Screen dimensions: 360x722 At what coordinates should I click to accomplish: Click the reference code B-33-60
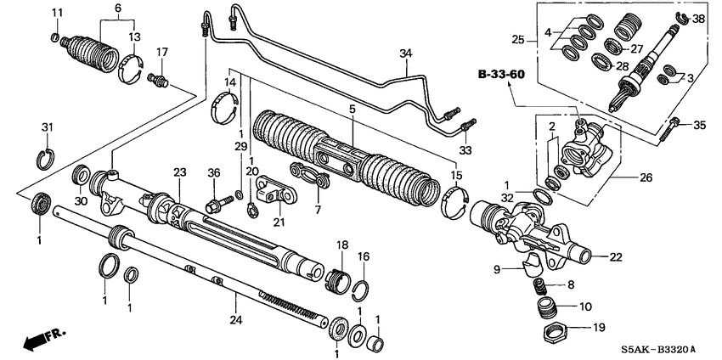tap(500, 74)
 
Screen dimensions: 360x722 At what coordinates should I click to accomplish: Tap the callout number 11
tap(57, 12)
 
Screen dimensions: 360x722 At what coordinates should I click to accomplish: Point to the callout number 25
tap(517, 39)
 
